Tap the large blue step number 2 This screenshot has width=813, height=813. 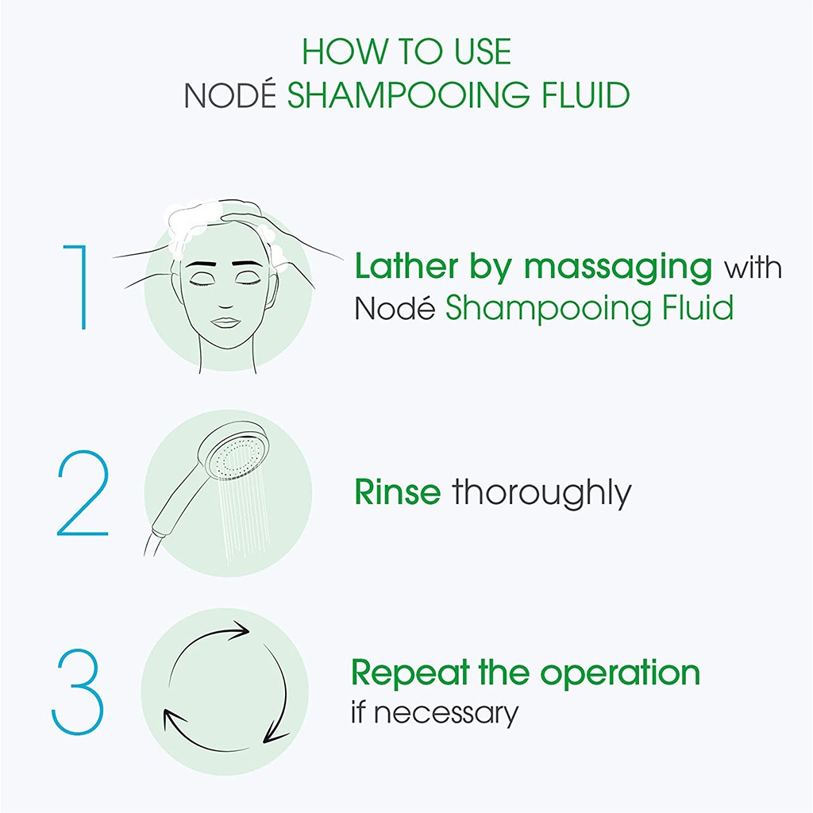click(x=83, y=493)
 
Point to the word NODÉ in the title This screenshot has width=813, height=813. click(x=231, y=95)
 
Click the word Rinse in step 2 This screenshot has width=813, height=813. click(x=397, y=492)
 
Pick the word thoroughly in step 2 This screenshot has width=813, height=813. click(x=542, y=494)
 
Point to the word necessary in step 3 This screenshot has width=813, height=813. click(x=446, y=713)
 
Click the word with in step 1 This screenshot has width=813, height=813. click(x=753, y=267)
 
